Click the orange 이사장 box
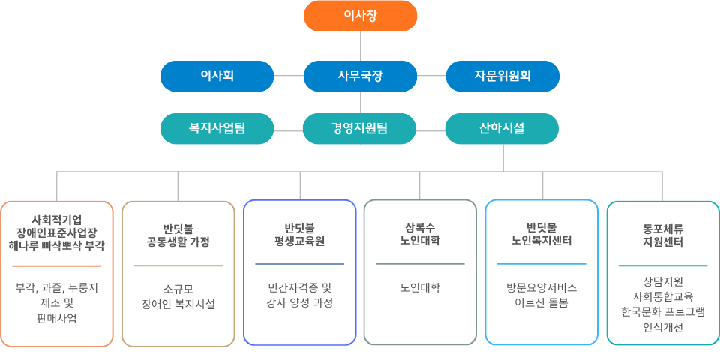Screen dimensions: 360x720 click(x=360, y=16)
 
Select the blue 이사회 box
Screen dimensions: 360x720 click(x=217, y=76)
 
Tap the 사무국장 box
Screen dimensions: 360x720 click(x=360, y=76)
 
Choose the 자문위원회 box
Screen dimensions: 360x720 click(x=502, y=76)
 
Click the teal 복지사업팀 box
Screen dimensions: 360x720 click(x=217, y=128)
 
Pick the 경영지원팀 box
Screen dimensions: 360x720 click(x=360, y=128)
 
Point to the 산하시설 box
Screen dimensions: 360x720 click(x=502, y=128)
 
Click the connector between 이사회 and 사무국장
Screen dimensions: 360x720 click(x=289, y=76)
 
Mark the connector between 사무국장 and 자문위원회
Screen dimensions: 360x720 click(x=431, y=76)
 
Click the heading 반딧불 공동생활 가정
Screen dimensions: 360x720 click(x=178, y=235)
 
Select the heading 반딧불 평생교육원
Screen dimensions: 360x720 click(x=299, y=235)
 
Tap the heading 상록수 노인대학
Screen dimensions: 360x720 click(x=420, y=235)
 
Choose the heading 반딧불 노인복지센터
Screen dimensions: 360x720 click(x=541, y=235)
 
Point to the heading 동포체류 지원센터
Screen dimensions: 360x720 click(x=662, y=235)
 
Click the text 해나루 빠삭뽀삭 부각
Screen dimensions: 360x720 click(x=57, y=245)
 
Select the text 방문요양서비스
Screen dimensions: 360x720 click(x=541, y=287)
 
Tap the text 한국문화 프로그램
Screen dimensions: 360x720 click(x=662, y=311)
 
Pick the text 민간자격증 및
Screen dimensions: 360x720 click(x=299, y=287)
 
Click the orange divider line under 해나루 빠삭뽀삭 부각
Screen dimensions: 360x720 click(x=57, y=265)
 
